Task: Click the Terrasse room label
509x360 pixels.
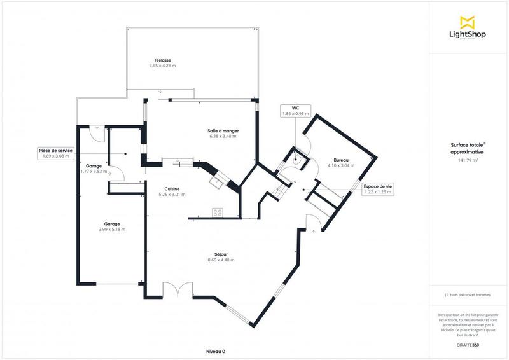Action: (162, 60)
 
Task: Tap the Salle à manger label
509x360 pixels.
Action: (223, 130)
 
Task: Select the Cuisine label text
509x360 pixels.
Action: (172, 188)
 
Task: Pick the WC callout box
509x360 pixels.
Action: (295, 111)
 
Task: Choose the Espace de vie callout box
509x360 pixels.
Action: (378, 188)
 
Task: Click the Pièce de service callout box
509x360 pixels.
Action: (55, 153)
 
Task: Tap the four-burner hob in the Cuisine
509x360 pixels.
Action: (217, 213)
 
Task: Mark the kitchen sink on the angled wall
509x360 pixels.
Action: (218, 181)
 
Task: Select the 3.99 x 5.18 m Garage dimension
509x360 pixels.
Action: (113, 229)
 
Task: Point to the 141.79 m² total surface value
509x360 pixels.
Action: (468, 160)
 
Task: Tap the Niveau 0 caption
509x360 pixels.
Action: (216, 351)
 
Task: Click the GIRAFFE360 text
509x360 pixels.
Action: (468, 343)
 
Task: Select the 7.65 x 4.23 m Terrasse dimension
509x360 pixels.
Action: (162, 66)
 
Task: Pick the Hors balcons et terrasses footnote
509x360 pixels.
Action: (468, 295)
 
